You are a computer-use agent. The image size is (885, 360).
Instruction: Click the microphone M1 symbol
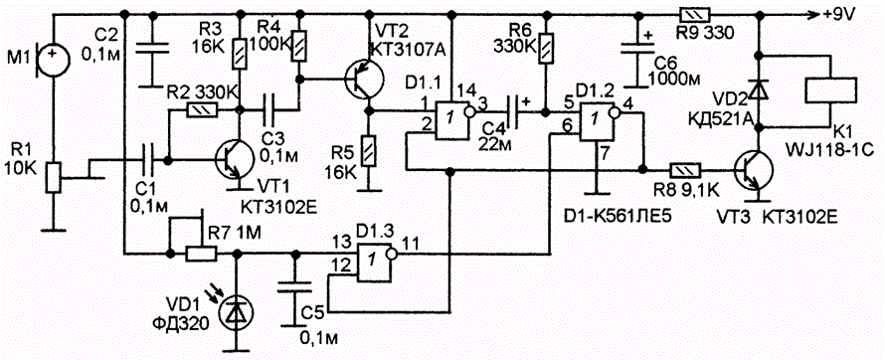coord(53,57)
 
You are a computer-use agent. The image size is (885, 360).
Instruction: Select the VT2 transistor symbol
coord(364,80)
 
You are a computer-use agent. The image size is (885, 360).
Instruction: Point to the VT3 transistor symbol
coord(755,169)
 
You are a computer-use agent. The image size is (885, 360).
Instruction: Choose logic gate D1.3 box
coord(374,262)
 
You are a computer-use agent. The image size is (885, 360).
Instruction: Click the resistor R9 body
coord(695,15)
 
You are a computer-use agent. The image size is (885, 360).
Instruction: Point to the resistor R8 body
coord(685,169)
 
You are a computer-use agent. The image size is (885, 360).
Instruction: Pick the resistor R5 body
coord(369,151)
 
